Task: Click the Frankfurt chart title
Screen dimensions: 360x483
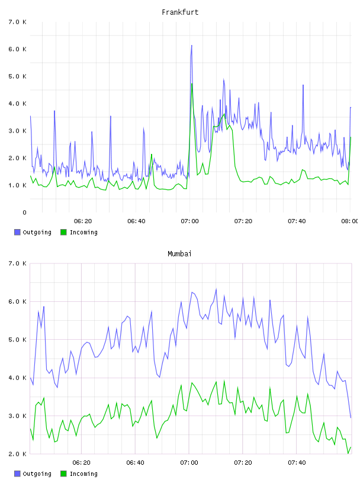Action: (180, 12)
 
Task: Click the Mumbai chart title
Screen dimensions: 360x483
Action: (179, 254)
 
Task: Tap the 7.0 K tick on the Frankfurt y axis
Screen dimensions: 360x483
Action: (18, 22)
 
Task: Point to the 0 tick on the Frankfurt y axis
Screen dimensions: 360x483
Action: (24, 212)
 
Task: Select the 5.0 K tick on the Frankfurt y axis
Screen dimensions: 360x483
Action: (18, 76)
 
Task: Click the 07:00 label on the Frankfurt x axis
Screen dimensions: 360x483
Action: (190, 221)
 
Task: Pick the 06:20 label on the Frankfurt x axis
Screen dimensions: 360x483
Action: (83, 221)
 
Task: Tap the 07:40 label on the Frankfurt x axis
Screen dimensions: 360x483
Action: (297, 221)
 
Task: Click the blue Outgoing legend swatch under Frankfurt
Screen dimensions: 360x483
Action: (17, 232)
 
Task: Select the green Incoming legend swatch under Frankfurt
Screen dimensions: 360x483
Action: (63, 232)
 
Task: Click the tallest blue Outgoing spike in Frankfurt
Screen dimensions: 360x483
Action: (191, 46)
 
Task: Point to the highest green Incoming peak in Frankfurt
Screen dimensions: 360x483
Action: (192, 84)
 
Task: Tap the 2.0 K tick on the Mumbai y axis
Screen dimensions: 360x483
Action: (18, 454)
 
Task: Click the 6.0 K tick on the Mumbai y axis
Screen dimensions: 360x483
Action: (18, 301)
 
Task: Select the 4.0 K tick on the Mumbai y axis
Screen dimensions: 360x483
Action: (18, 378)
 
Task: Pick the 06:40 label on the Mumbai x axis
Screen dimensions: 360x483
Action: (136, 463)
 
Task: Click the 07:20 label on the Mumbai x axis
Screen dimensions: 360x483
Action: (243, 463)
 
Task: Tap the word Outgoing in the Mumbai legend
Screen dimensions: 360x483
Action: (37, 474)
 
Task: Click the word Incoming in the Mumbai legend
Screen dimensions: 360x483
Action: (83, 474)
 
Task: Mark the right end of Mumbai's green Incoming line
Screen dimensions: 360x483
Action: (351, 447)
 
